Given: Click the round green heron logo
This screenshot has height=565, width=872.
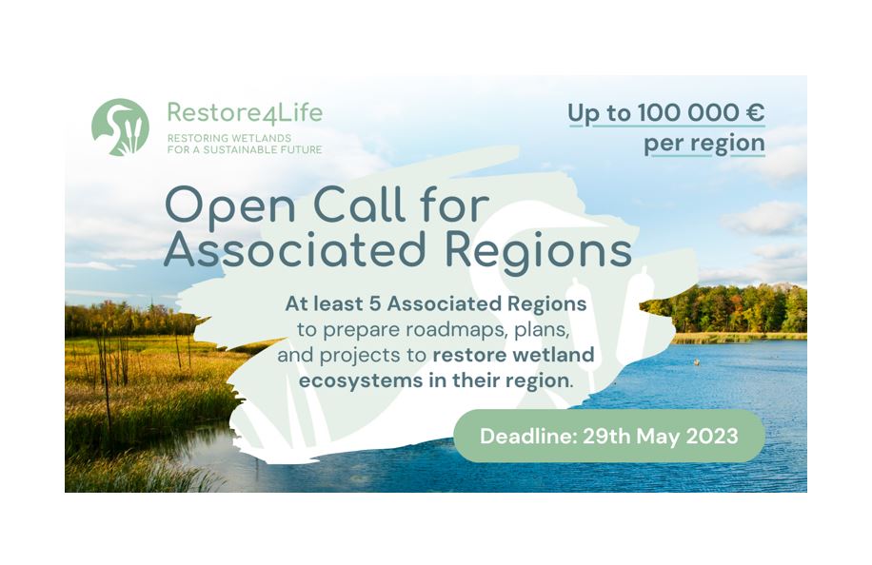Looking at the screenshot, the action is (x=120, y=127).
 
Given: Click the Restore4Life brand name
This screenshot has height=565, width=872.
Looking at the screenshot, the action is (x=245, y=113).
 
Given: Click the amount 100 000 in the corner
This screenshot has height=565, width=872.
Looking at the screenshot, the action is (x=687, y=113).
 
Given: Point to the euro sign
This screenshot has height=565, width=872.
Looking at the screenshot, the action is (x=755, y=113).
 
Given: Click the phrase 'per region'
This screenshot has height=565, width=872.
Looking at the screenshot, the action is (x=704, y=144).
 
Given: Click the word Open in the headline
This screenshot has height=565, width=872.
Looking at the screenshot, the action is (x=230, y=207).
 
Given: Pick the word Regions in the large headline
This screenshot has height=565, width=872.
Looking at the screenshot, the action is (x=538, y=253).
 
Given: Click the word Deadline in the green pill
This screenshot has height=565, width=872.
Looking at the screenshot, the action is (x=527, y=436).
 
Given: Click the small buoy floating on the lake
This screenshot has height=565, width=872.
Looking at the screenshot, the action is (x=696, y=362).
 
